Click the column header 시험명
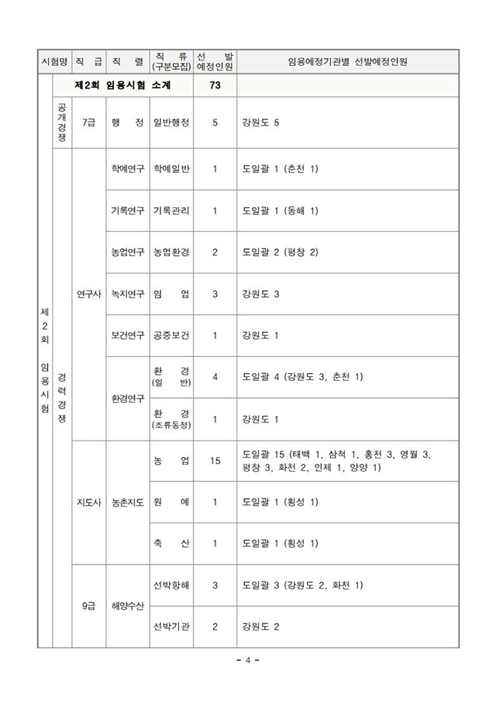[x=57, y=61]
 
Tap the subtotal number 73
[x=215, y=85]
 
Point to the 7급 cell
[x=88, y=123]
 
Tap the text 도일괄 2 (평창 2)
[x=280, y=252]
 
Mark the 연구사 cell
[x=88, y=294]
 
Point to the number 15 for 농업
[x=215, y=461]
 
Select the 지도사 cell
[x=88, y=503]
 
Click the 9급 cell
[x=88, y=606]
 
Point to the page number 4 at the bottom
[x=248, y=660]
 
